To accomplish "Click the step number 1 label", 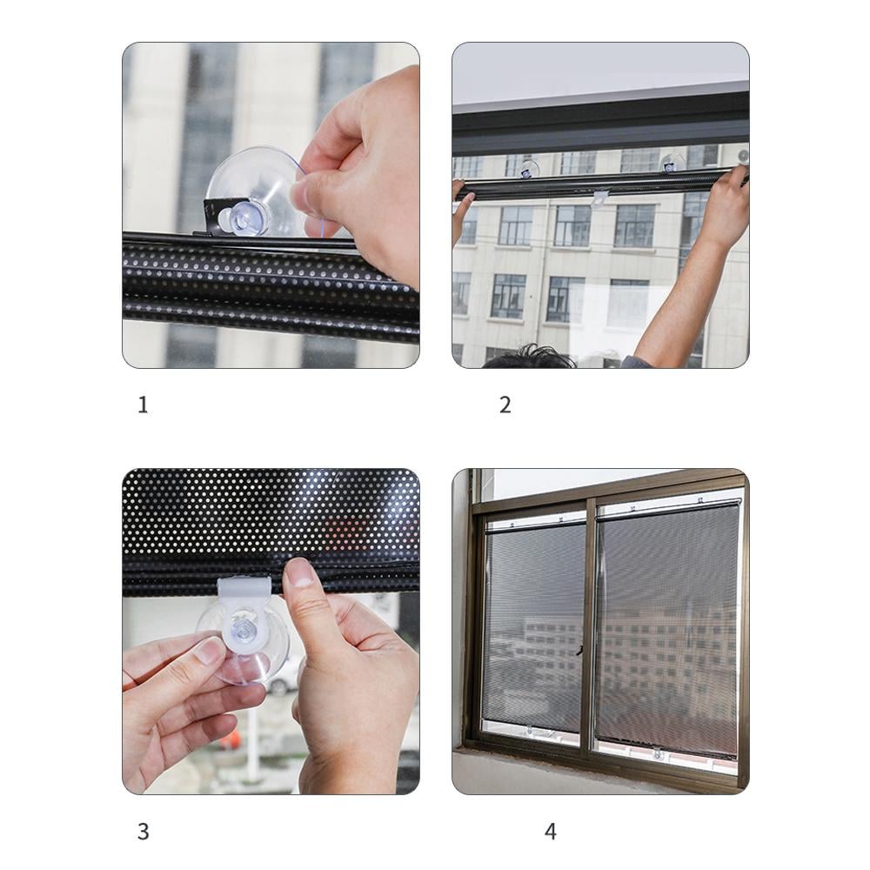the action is tap(143, 405).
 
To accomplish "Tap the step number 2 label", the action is tap(505, 405).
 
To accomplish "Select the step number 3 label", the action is tap(144, 831).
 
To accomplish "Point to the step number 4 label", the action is tap(551, 831).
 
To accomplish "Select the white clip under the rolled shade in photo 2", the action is tap(600, 197).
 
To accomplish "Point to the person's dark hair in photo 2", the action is tap(530, 357).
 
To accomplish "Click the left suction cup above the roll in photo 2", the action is tap(529, 168).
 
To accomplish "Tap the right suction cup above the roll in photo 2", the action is tap(672, 162).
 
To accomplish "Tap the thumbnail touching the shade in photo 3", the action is tap(300, 572).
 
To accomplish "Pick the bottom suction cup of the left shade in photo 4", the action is tap(530, 732).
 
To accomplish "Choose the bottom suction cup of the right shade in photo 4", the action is tap(658, 754).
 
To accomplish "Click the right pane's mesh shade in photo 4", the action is tap(668, 627).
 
